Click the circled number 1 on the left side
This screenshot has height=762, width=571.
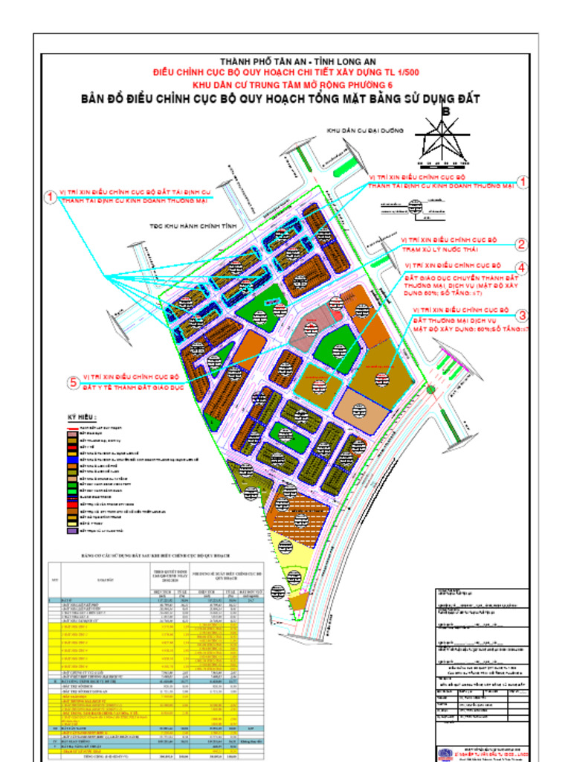point(50,197)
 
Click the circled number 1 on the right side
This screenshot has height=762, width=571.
point(523,182)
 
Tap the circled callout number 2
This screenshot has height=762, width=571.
point(523,244)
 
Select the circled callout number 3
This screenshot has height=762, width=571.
point(523,316)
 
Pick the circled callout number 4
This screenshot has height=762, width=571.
point(523,268)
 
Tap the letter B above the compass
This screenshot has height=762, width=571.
point(446,111)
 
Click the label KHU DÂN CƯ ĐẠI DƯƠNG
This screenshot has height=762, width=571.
point(364,130)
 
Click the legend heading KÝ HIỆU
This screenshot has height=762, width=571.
point(82,417)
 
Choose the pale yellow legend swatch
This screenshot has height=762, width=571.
point(72,524)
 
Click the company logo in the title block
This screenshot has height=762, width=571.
point(444,753)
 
